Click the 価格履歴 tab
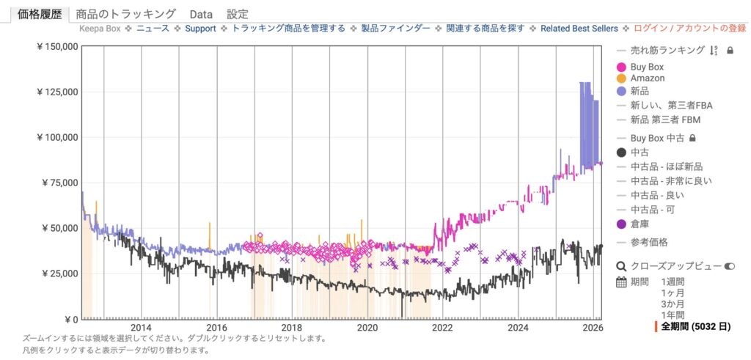point(38,14)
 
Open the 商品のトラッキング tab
point(126,14)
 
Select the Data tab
point(201,14)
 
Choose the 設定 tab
point(238,14)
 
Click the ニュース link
point(153,29)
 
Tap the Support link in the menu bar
point(200,29)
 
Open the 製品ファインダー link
point(395,29)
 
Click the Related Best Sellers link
point(579,29)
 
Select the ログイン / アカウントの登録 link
point(689,29)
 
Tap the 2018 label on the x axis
point(292,327)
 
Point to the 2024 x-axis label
point(519,327)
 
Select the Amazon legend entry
point(647,78)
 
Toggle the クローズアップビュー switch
point(730,267)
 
